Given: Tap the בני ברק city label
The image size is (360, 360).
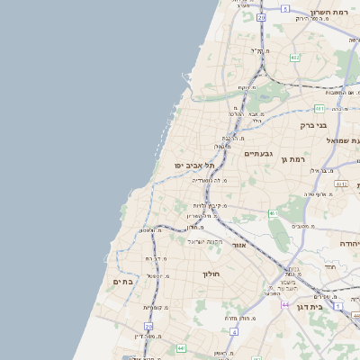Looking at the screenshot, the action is [314, 125].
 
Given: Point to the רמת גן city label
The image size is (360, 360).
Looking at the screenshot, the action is [288, 159].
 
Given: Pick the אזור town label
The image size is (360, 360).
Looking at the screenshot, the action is [238, 245].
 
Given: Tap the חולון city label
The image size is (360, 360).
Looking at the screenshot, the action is [211, 273].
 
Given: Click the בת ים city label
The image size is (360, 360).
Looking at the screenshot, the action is [122, 282].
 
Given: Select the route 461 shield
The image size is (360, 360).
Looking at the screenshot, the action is [271, 213].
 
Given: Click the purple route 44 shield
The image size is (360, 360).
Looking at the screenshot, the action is [284, 305].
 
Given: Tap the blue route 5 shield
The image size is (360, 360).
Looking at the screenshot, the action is [284, 8].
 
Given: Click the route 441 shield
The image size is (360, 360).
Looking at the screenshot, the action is [181, 347].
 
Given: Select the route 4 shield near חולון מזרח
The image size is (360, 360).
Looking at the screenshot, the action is [233, 331].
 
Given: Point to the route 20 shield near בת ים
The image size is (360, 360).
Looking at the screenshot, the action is [149, 326].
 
